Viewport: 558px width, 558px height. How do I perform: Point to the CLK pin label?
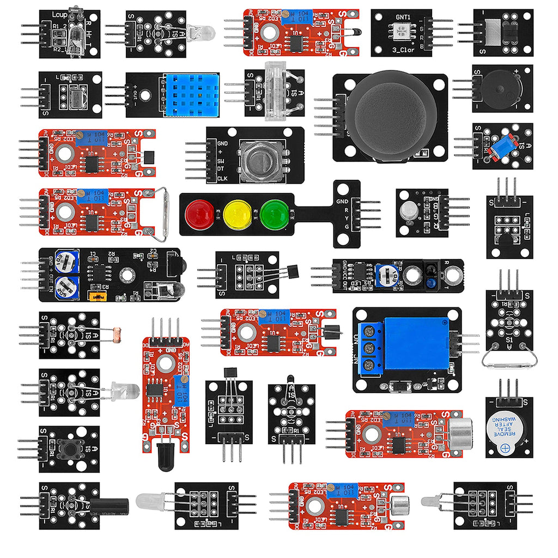[x=222, y=179]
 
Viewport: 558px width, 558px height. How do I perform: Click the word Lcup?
[x=60, y=15]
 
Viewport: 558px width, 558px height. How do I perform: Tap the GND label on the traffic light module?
[x=342, y=201]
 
